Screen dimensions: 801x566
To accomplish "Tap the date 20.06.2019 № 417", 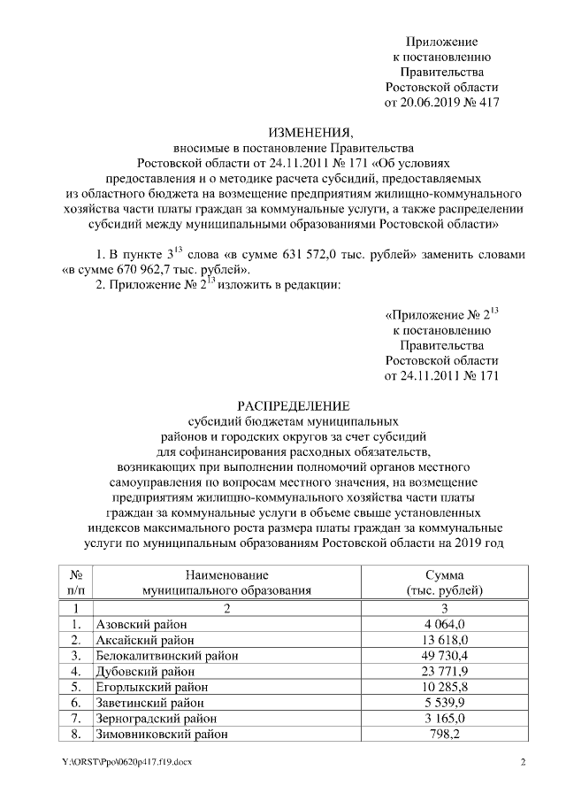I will pyautogui.click(x=442, y=103).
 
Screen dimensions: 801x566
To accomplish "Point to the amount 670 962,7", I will pyautogui.click(x=133, y=268).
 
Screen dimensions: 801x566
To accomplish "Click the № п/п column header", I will pyautogui.click(x=76, y=581).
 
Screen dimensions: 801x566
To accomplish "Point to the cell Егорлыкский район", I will pyautogui.click(x=152, y=686).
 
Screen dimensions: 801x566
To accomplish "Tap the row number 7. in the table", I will pyautogui.click(x=76, y=718).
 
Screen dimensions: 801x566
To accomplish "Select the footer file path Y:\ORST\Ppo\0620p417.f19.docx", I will pyautogui.click(x=126, y=762).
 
